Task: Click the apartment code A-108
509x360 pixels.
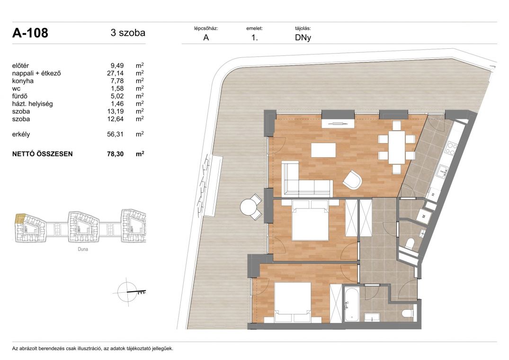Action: click(x=30, y=33)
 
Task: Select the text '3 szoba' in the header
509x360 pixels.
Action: click(x=128, y=33)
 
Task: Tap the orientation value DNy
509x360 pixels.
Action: click(x=303, y=37)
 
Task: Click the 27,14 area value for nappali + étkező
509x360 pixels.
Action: click(x=115, y=73)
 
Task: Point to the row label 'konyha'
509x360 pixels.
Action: click(x=23, y=81)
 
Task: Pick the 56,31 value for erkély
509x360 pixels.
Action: click(x=115, y=134)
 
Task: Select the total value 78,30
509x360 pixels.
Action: click(x=115, y=154)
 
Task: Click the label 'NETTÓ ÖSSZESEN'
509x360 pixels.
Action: click(x=43, y=154)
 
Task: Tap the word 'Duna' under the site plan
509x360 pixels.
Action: click(x=83, y=249)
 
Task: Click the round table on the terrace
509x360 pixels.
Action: click(x=249, y=207)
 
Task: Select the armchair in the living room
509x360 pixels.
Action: click(x=353, y=180)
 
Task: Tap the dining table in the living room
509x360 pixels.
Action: click(x=397, y=147)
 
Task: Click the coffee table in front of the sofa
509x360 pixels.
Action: click(x=323, y=150)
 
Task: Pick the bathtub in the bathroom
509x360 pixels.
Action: click(x=351, y=304)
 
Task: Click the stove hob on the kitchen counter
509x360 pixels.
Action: click(x=450, y=149)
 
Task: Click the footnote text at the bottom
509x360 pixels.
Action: click(x=92, y=349)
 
